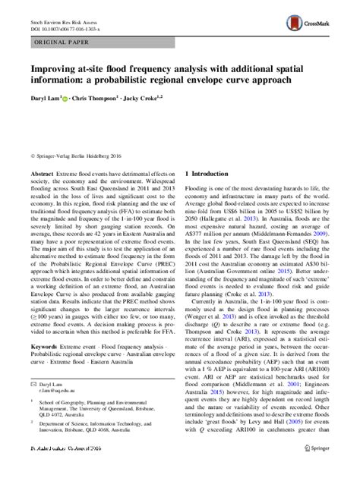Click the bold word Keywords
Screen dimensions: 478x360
(37, 366)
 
